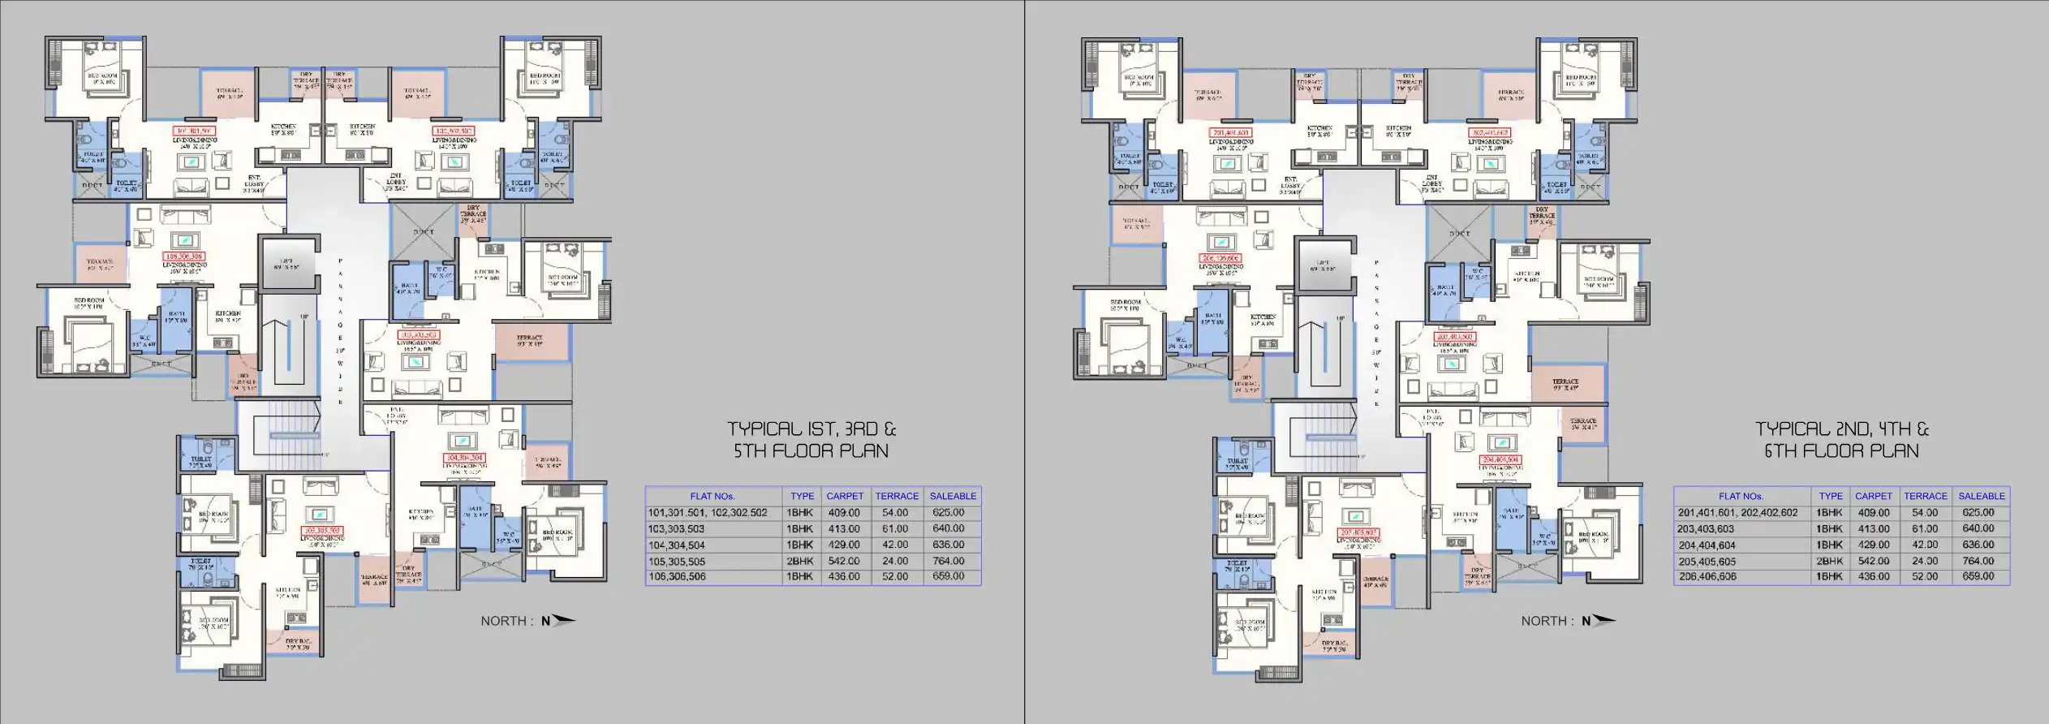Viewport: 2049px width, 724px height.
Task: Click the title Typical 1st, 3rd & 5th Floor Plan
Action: click(811, 440)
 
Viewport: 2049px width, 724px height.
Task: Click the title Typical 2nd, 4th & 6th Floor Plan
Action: click(1841, 440)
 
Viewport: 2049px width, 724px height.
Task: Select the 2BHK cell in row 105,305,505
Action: click(800, 561)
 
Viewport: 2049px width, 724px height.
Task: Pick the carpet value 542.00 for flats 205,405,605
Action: click(1872, 561)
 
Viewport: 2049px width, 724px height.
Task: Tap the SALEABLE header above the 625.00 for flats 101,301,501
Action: click(953, 496)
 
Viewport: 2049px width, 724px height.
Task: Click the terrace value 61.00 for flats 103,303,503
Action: click(895, 528)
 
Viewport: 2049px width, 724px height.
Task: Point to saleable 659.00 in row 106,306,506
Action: click(948, 576)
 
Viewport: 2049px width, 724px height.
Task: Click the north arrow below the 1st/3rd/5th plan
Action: click(558, 621)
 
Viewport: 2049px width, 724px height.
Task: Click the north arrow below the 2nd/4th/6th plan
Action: click(1598, 621)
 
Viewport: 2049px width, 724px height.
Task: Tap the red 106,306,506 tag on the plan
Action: click(183, 256)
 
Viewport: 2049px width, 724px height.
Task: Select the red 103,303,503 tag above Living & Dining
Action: click(417, 334)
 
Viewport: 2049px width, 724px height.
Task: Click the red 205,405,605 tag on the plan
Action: click(1357, 532)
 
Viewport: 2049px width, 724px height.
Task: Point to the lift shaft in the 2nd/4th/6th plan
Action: click(1324, 264)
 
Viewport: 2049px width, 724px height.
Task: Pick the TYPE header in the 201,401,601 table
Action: click(1830, 496)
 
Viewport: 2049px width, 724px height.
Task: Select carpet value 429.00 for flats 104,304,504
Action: click(844, 545)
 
